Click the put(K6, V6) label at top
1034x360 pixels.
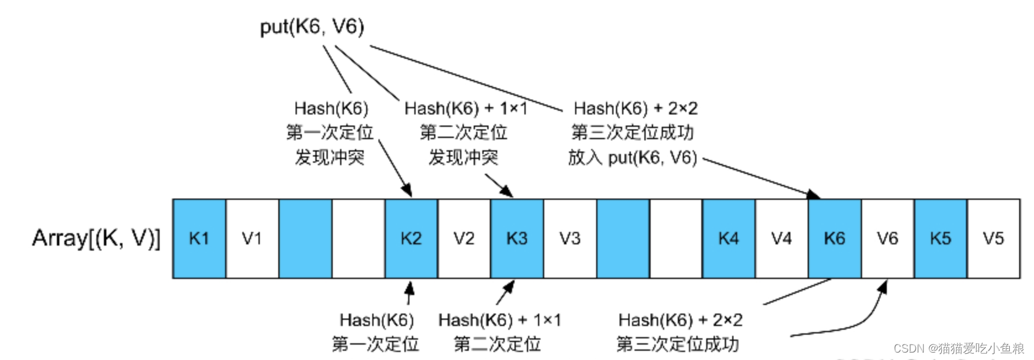pos(312,27)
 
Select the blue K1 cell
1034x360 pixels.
pos(199,239)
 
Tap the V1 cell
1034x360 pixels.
pos(252,239)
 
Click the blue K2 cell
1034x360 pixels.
pos(411,239)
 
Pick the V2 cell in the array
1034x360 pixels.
pos(464,239)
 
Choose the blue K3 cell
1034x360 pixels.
pos(517,239)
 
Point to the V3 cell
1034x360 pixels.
pos(570,239)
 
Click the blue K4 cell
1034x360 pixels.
pos(728,239)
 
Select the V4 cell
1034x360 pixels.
pos(782,239)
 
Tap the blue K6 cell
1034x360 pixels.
pos(834,239)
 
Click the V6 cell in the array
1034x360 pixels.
pos(887,239)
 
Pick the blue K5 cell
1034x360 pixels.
pos(941,239)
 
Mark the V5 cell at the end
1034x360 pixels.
pos(993,239)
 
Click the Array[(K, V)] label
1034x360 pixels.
pos(96,238)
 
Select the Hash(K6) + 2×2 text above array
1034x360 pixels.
pos(635,109)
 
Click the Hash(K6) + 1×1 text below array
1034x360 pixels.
pos(499,320)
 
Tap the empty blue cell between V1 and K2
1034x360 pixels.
pos(305,239)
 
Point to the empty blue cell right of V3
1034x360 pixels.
pos(623,239)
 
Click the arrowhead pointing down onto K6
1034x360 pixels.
pos(813,195)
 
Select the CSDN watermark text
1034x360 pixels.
pos(958,348)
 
